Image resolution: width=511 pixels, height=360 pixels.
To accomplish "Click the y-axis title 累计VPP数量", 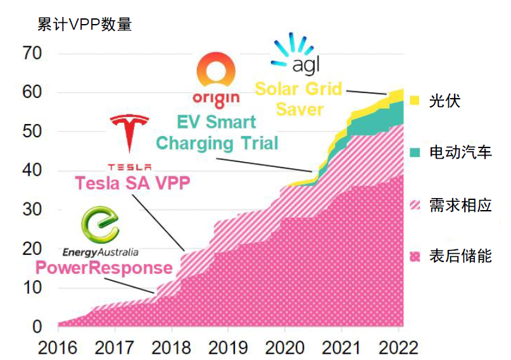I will point(84,25).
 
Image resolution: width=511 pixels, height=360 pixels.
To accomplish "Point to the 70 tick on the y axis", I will point(32,53).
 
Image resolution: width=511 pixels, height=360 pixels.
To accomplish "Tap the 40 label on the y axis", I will point(32,170).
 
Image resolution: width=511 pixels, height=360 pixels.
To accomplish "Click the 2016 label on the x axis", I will point(58,348).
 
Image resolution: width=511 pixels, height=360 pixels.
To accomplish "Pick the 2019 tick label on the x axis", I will point(228,348).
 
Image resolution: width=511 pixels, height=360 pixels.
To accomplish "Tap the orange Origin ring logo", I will point(215,71).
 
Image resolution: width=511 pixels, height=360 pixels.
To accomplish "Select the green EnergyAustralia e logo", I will point(101,227).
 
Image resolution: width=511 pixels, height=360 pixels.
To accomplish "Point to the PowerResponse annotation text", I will point(104,268).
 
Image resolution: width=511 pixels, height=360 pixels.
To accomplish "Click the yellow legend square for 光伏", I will point(415,100).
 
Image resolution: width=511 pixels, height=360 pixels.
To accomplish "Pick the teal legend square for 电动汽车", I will point(415,152).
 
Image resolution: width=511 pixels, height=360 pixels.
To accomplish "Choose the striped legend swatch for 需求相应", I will point(415,204).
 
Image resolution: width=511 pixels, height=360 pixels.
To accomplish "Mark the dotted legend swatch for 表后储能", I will point(415,256).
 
